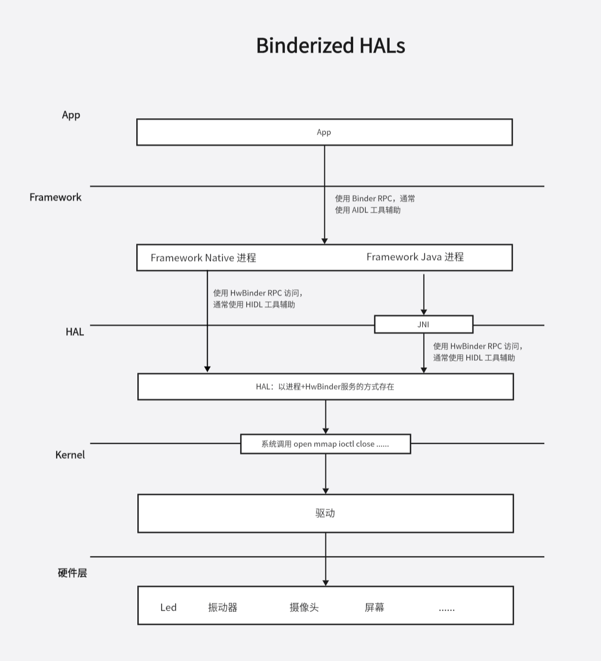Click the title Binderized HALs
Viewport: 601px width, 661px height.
pyautogui.click(x=331, y=45)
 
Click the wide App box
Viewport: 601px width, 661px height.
pyautogui.click(x=325, y=132)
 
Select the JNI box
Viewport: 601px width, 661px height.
pyautogui.click(x=424, y=325)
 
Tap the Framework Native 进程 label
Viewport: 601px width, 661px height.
pyautogui.click(x=203, y=258)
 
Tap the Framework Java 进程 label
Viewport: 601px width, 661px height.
pyautogui.click(x=415, y=257)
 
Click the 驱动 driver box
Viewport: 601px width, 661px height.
pyautogui.click(x=325, y=513)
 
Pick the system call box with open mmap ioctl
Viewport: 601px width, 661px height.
pyautogui.click(x=325, y=444)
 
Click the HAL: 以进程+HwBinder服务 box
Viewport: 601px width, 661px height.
pyautogui.click(x=325, y=386)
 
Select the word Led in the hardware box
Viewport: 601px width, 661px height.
pyautogui.click(x=168, y=607)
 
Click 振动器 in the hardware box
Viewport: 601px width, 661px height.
pyautogui.click(x=223, y=607)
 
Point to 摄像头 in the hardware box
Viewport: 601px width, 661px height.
pyautogui.click(x=304, y=607)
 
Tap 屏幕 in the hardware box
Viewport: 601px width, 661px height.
pyautogui.click(x=375, y=607)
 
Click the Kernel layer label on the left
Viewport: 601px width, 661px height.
pyautogui.click(x=70, y=454)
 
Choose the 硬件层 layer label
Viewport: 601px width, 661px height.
pyautogui.click(x=72, y=573)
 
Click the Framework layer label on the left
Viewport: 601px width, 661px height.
pyautogui.click(x=56, y=197)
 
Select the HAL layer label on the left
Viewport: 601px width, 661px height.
pyautogui.click(x=75, y=332)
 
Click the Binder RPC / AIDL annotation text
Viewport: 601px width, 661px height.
pyautogui.click(x=375, y=204)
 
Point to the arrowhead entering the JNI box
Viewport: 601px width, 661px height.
pyautogui.click(x=424, y=312)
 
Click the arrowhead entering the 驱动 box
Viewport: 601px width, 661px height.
pyautogui.click(x=325, y=491)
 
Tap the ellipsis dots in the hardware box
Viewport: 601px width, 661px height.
pyautogui.click(x=447, y=610)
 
